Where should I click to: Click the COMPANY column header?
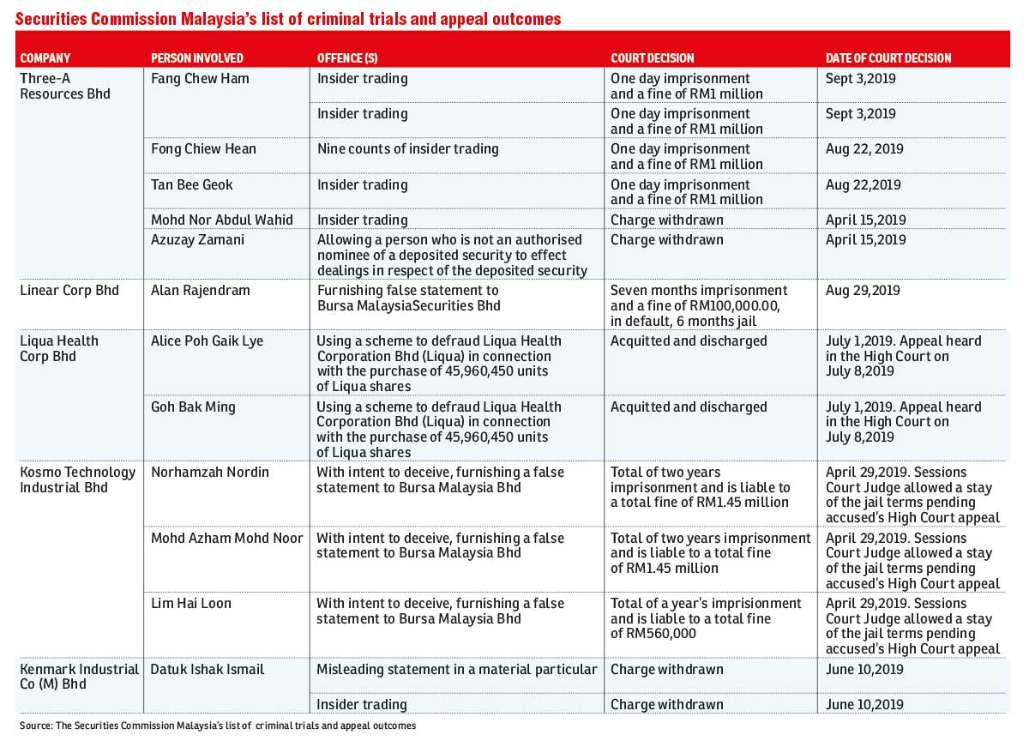pos(45,57)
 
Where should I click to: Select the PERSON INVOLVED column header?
pos(197,57)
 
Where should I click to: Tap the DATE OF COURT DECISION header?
pos(888,57)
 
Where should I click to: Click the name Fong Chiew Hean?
pos(203,149)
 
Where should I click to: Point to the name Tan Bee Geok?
pos(191,184)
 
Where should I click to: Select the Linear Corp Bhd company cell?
pos(69,291)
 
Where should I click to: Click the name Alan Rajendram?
pos(201,291)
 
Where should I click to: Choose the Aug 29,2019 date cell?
pos(863,291)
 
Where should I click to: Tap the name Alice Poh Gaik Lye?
pos(208,340)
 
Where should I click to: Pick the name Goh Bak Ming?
pos(193,407)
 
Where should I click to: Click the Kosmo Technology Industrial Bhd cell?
pos(78,479)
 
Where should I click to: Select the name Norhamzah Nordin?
pos(210,473)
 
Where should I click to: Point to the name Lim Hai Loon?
pos(191,603)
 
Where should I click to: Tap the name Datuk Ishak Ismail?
pos(208,669)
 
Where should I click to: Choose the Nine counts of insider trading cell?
pos(408,149)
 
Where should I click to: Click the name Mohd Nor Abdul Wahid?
pos(222,220)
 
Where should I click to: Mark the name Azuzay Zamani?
pos(197,240)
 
